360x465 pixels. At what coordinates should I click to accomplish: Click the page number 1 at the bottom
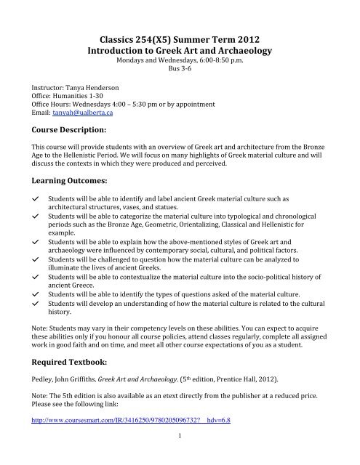(x=179, y=456)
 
